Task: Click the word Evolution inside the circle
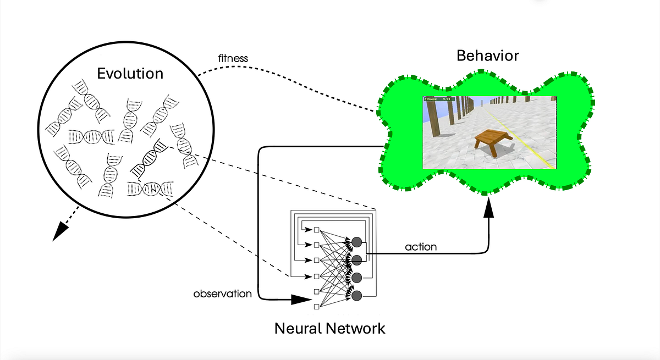[130, 74]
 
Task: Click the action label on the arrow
[421, 247]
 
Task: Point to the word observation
[222, 293]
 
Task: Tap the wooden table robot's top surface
[491, 135]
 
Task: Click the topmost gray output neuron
[356, 242]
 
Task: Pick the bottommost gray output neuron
[356, 296]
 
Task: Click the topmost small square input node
[316, 230]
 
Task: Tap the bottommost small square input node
[316, 306]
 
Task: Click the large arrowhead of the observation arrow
[300, 300]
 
